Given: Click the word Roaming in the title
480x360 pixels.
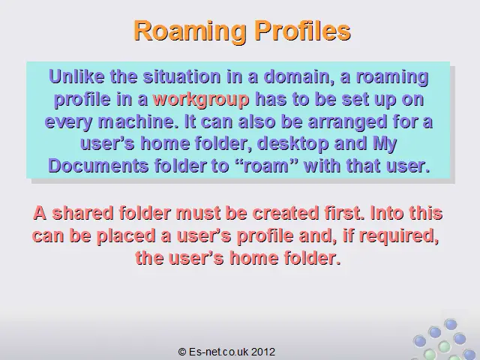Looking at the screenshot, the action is [190, 31].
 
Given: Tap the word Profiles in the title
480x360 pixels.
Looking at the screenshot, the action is [303, 30].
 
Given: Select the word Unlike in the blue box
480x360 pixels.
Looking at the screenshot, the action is [76, 76].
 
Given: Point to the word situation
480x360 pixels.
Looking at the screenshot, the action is [181, 76].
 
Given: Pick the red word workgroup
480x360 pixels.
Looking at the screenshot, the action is [201, 100].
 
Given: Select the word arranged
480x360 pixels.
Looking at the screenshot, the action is [347, 122].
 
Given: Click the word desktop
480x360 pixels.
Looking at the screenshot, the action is [292, 143].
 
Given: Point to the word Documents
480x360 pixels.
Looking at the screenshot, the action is [98, 166].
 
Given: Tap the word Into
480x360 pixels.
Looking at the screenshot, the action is [387, 213].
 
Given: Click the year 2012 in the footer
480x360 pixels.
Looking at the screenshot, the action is [263, 352].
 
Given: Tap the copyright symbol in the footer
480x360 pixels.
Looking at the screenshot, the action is [182, 352].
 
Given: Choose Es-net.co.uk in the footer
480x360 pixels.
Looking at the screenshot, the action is [218, 352].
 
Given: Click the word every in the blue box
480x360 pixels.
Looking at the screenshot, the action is [68, 122].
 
